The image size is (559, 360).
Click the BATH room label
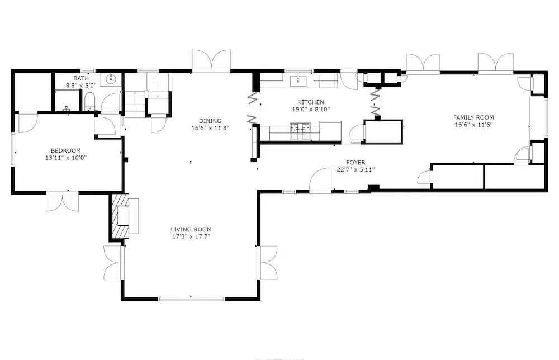point(81,78)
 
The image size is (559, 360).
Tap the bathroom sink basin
point(111,79)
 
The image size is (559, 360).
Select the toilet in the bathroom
point(89,102)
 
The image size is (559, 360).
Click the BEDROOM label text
point(65,150)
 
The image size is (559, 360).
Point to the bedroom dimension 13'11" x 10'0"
point(66,158)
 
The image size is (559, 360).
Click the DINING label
point(210,121)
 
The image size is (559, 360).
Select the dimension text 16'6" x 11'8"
point(210,128)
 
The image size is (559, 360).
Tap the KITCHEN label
point(311,102)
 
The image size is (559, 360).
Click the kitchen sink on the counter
point(298,81)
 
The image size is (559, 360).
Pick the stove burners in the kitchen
point(300,131)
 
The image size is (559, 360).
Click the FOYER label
point(356,163)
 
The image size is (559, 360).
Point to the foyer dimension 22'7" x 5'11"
point(356,170)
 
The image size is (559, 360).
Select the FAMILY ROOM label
point(473,117)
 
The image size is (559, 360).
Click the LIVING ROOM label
point(191,230)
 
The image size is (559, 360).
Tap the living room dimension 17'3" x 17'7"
point(191,236)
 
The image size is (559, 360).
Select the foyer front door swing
point(320,180)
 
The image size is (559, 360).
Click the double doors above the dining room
point(211,59)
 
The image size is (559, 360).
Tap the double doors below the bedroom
point(63,202)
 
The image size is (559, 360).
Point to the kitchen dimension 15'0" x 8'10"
point(311,110)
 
